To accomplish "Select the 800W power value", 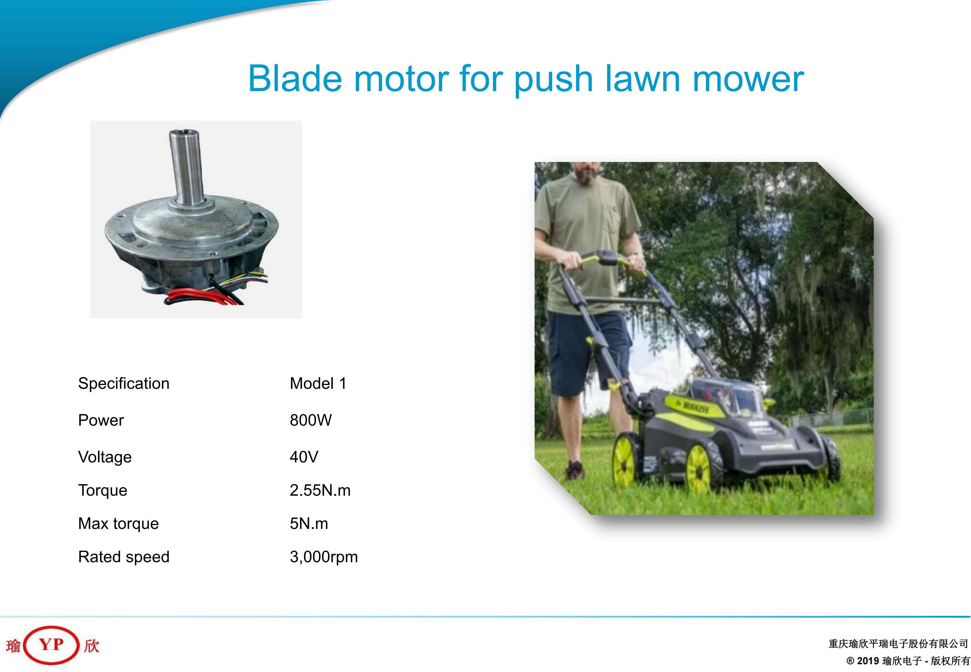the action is click(310, 420).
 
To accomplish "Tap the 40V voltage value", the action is click(304, 457).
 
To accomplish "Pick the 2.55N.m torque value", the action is click(320, 490).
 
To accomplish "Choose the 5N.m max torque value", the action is click(309, 523).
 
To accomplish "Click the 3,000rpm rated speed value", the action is click(323, 557).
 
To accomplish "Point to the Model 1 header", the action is click(318, 383).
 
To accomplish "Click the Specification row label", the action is click(124, 383).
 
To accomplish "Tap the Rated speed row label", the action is click(124, 557).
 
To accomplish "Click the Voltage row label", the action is click(105, 457).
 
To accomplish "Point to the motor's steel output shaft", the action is click(186, 166).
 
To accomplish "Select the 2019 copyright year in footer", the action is click(868, 661).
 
